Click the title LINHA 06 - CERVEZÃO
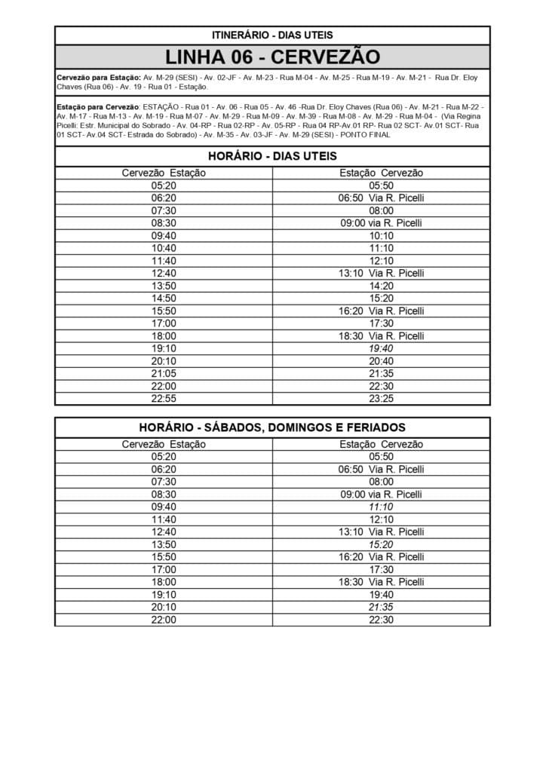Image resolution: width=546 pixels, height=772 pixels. coord(272,57)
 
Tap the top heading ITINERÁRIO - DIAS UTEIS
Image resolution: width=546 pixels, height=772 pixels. coord(272,35)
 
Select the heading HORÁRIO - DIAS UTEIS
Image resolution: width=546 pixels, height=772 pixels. coord(272,156)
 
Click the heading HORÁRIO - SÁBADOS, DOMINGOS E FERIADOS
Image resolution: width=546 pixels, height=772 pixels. coord(272,427)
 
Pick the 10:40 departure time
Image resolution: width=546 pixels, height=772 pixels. coord(164,248)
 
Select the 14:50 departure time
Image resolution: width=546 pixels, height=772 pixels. coord(164,299)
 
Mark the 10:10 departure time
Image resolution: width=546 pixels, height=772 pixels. coord(381,236)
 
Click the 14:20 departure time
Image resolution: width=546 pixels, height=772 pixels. coord(381,286)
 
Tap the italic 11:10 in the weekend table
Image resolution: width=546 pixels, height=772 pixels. coord(381,507)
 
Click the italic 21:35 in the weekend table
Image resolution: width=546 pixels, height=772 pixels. coord(381,607)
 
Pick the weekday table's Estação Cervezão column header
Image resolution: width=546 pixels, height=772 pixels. coord(381,173)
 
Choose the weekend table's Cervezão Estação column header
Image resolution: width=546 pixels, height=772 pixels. coord(164,444)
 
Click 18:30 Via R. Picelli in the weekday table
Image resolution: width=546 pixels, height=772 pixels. coord(381,336)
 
